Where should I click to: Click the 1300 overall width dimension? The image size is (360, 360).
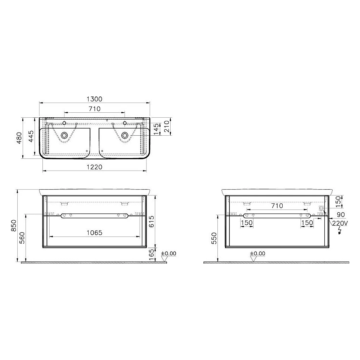click(94, 99)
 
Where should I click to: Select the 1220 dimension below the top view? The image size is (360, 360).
click(94, 167)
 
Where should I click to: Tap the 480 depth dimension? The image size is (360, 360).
click(19, 138)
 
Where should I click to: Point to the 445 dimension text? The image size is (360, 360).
click(31, 136)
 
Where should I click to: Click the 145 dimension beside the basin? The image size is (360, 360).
click(156, 129)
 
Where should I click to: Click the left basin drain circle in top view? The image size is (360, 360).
click(64, 135)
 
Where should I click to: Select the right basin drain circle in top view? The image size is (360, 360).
click(125, 135)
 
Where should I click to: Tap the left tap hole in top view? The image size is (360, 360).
click(64, 123)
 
